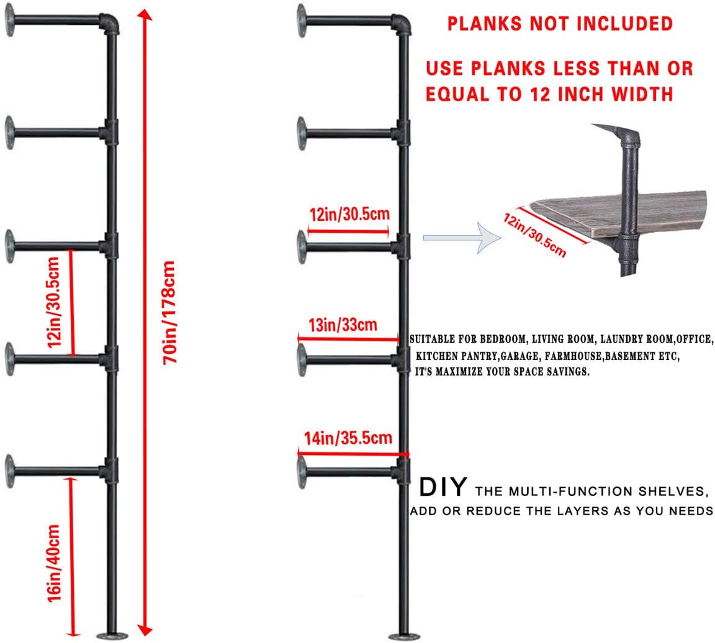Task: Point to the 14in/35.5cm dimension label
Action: pyautogui.click(x=348, y=438)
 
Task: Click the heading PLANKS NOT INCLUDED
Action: pyautogui.click(x=560, y=24)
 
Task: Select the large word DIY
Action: pyautogui.click(x=443, y=488)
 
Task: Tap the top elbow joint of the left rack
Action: pyautogui.click(x=110, y=25)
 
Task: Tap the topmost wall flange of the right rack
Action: pyautogui.click(x=302, y=20)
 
